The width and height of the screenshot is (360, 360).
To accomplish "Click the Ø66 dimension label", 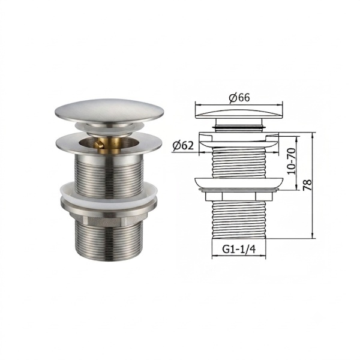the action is click(x=239, y=98).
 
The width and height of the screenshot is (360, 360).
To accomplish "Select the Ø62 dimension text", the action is click(x=183, y=146).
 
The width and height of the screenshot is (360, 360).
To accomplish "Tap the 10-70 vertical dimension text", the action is click(x=291, y=161).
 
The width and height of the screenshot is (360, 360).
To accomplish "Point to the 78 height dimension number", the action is click(x=307, y=185).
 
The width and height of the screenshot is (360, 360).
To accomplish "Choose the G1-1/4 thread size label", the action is click(x=239, y=249).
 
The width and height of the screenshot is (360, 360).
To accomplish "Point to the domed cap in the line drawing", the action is click(x=239, y=114).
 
